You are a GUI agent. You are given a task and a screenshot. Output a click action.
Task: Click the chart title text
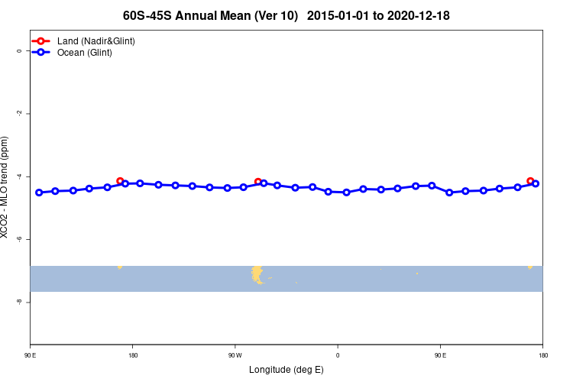click(286, 15)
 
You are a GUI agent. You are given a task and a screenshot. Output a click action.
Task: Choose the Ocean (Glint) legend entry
click(84, 53)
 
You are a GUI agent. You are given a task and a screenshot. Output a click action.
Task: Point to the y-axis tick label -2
click(19, 114)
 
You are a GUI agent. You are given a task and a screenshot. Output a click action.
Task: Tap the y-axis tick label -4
click(19, 176)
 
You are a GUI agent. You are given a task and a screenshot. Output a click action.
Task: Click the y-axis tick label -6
click(19, 239)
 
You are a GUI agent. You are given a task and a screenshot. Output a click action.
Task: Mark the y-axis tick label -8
click(19, 302)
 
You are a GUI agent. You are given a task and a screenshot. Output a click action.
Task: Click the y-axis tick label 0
click(19, 51)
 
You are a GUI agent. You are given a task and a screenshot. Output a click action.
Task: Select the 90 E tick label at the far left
click(30, 354)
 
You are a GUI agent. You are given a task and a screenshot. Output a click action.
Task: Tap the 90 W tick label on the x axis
click(235, 354)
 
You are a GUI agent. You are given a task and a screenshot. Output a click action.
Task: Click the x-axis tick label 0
click(338, 354)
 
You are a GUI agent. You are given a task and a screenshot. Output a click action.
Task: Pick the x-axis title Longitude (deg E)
click(286, 370)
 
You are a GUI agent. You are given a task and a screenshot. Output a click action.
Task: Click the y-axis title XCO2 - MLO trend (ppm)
click(7, 187)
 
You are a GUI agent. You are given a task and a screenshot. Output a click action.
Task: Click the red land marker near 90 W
click(257, 181)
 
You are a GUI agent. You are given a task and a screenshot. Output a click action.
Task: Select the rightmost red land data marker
click(530, 181)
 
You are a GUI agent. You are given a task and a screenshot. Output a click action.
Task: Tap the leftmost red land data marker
click(120, 181)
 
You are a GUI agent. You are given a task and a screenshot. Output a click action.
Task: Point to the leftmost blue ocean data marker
click(39, 193)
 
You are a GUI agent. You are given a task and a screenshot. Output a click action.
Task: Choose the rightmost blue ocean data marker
click(536, 183)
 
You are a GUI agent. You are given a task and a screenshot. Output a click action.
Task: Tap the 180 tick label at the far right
click(542, 354)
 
